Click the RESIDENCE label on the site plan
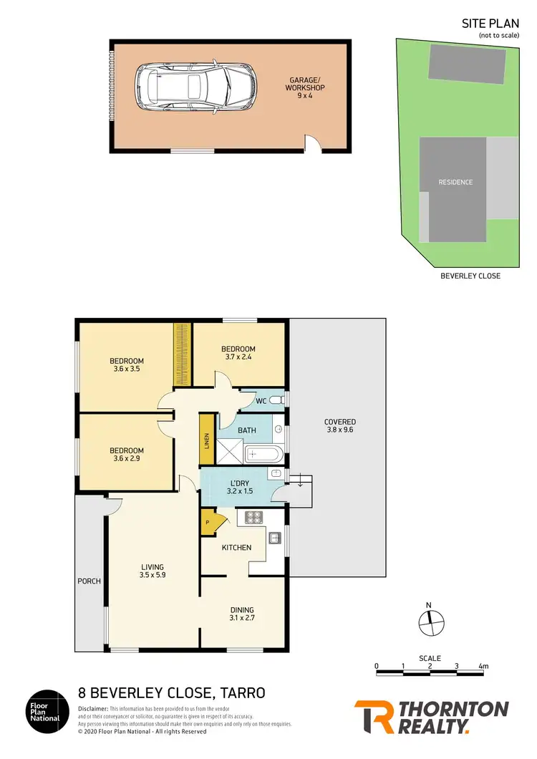pos(455,182)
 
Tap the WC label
pos(261,401)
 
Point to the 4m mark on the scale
pos(483,666)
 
